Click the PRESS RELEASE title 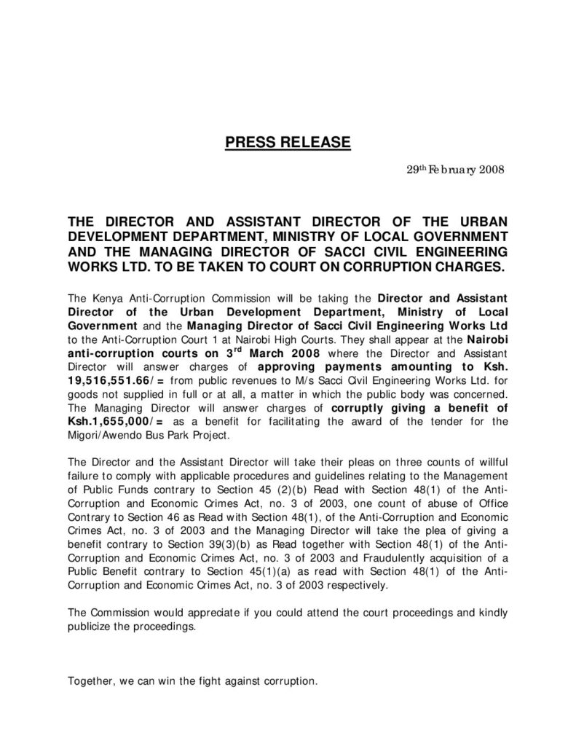pyautogui.click(x=288, y=141)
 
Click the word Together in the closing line pyautogui.click(x=90, y=682)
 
